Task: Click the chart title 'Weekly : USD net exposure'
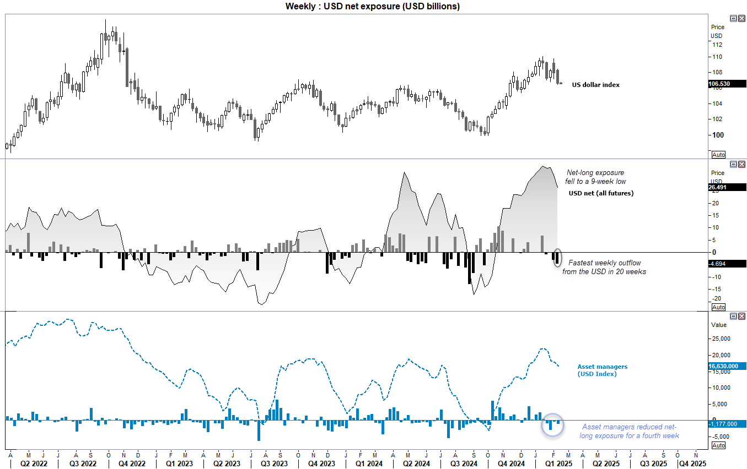coord(372,6)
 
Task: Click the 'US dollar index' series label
coord(595,85)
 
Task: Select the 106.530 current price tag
coord(727,84)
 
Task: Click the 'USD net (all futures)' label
coord(601,193)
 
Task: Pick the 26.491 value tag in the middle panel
coord(727,187)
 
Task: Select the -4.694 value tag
coord(727,264)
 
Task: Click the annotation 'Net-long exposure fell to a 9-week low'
coord(595,177)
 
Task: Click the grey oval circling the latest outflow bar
coord(557,258)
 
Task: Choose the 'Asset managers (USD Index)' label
coord(602,370)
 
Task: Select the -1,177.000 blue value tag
coord(727,424)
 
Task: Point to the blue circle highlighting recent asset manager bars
coord(552,424)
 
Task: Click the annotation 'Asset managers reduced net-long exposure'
coord(629,431)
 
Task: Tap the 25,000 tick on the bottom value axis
coord(721,339)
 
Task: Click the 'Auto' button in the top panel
coord(718,155)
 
